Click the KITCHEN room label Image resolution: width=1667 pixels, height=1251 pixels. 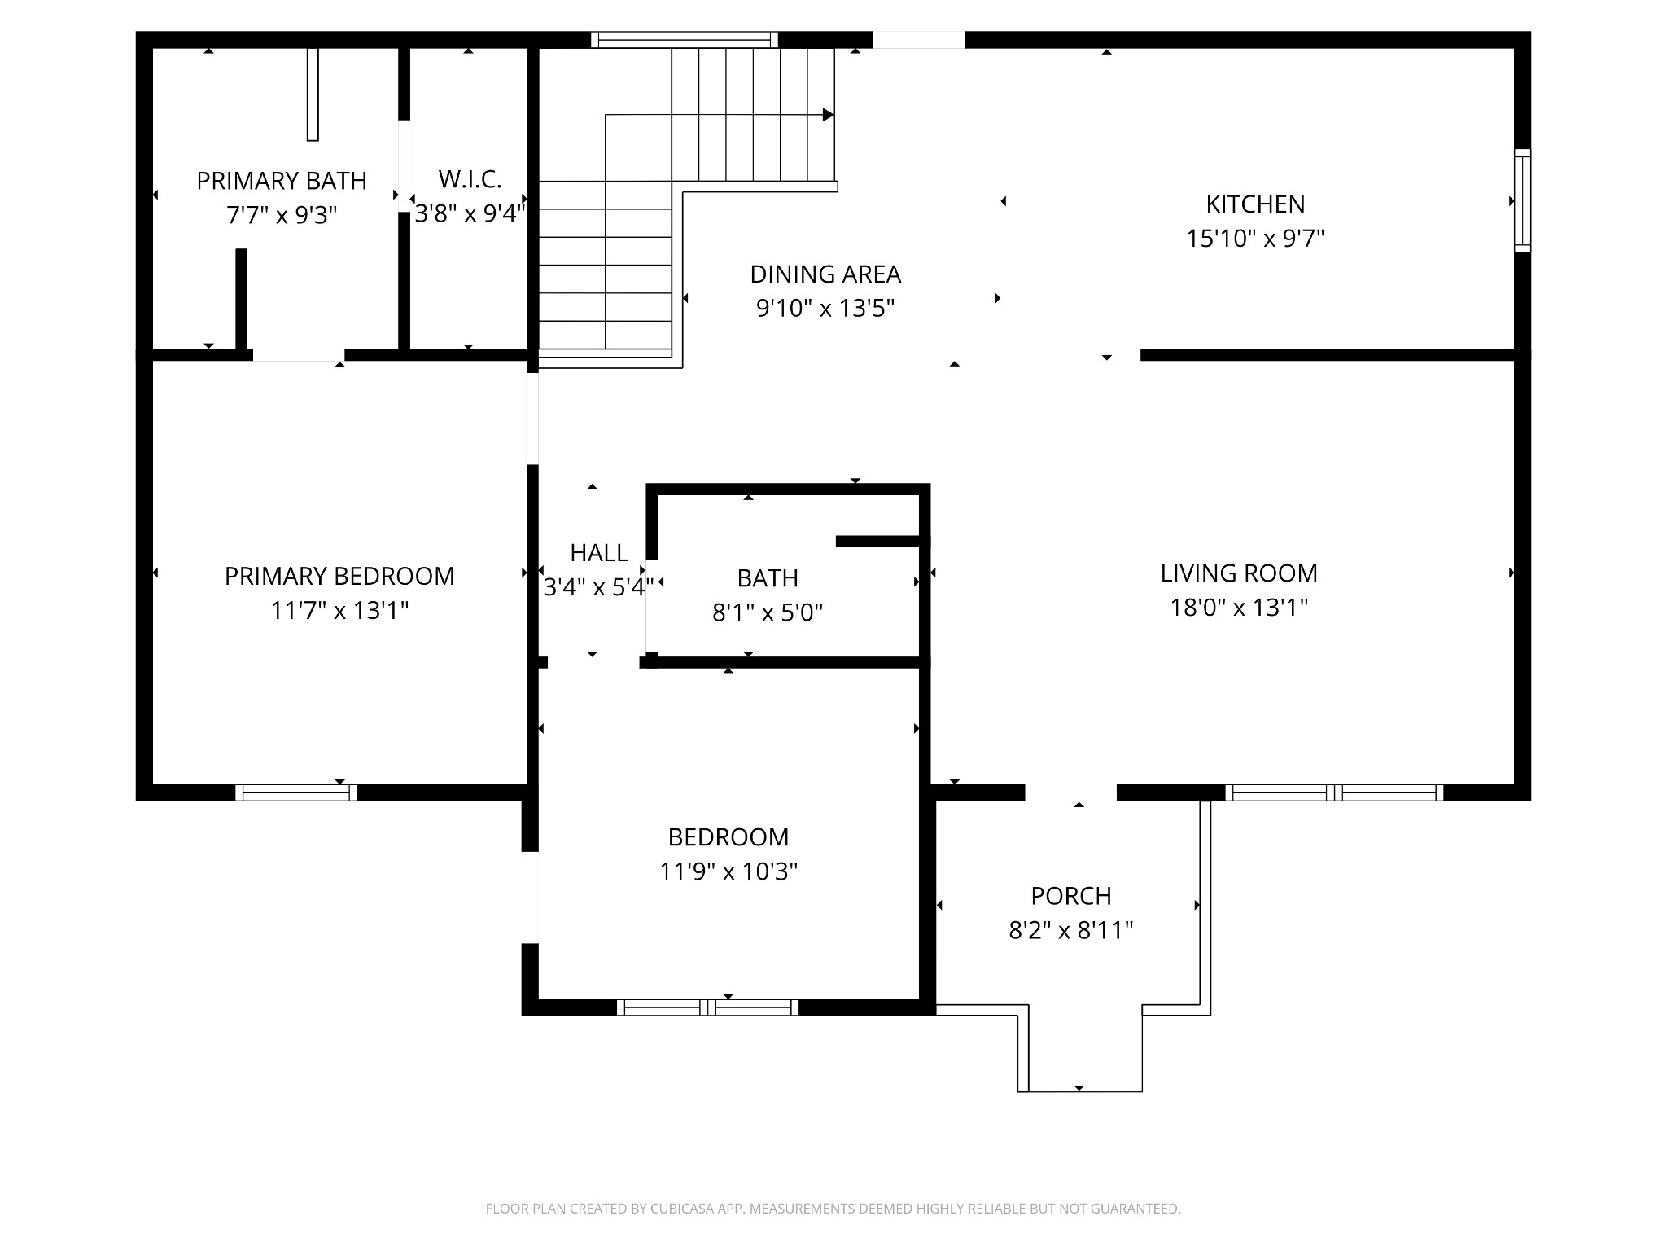1255,204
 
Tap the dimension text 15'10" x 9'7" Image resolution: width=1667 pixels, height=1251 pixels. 1255,239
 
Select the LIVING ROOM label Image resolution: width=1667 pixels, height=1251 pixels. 1238,573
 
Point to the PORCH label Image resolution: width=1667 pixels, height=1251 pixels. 1070,896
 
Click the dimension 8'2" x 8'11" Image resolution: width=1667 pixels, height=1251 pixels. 1070,930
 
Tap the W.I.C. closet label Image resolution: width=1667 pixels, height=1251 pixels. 470,179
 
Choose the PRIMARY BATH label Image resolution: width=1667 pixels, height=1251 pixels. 282,181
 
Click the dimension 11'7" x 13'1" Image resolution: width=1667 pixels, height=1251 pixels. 339,610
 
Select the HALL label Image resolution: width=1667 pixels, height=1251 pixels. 598,553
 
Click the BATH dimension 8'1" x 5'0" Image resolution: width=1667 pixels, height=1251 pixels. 767,612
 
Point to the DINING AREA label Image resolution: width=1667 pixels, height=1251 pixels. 825,274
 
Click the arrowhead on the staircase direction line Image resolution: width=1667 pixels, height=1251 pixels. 828,115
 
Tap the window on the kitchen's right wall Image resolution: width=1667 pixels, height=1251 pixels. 1522,200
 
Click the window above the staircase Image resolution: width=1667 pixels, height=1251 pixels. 684,39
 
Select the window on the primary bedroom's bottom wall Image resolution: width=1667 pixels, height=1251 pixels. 295,792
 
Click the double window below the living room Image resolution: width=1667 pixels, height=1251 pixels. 1333,792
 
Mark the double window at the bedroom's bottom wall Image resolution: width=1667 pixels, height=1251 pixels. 707,1007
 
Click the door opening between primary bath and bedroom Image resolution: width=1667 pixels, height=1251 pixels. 298,355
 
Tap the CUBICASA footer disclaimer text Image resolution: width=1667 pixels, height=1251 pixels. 833,1209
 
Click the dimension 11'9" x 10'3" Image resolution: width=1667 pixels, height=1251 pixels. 728,871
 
